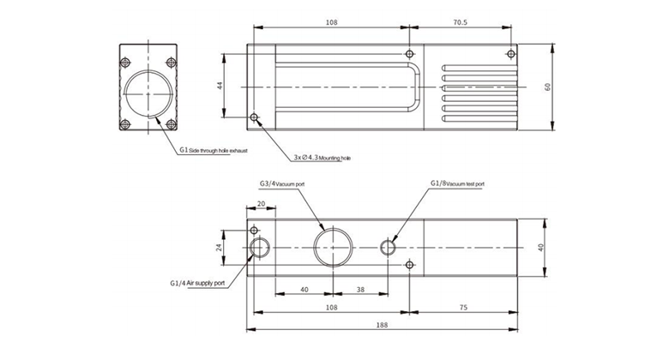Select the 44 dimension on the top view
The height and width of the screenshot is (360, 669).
pyautogui.click(x=220, y=86)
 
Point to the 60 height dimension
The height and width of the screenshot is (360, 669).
pyautogui.click(x=547, y=86)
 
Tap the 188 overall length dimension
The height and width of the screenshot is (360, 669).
pyautogui.click(x=383, y=324)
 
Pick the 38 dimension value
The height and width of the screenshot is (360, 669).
pyautogui.click(x=360, y=290)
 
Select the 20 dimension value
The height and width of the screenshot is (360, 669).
pyautogui.click(x=260, y=204)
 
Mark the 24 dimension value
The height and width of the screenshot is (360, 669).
pyautogui.click(x=220, y=247)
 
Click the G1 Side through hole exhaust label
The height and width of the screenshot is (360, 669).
pyautogui.click(x=213, y=149)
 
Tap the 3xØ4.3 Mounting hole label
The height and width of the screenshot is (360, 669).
pyautogui.click(x=322, y=158)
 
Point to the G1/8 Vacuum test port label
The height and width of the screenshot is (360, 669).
pyautogui.click(x=457, y=183)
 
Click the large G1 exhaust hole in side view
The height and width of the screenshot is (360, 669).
pyautogui.click(x=148, y=93)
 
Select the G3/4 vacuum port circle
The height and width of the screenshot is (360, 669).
pyautogui.click(x=332, y=247)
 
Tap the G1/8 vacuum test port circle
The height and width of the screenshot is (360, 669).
pyautogui.click(x=388, y=248)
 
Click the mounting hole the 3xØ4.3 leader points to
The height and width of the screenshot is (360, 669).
pyautogui.click(x=253, y=117)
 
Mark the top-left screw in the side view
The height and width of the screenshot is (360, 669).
pyautogui.click(x=125, y=62)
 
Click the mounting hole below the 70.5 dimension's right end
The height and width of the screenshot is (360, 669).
pyautogui.click(x=511, y=54)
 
